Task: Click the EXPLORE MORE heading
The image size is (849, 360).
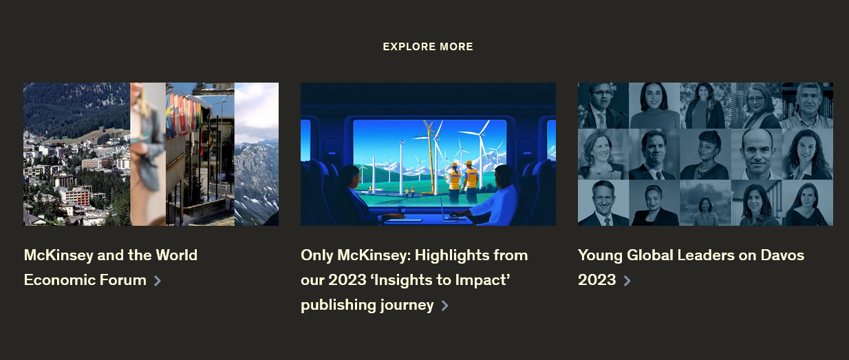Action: coord(428,47)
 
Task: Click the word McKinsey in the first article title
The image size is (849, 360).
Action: coord(58,255)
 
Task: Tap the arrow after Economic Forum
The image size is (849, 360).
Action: coord(158,281)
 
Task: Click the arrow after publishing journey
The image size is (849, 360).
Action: coord(445,306)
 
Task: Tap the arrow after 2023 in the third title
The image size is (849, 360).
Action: coord(627,281)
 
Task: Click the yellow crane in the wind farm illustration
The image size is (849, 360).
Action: coord(430,156)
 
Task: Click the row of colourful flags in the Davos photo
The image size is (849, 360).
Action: coord(184,114)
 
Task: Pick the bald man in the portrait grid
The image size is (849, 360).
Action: coord(757,154)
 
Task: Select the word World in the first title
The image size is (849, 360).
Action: coord(177,255)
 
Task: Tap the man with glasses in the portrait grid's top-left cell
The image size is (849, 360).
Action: coord(603,105)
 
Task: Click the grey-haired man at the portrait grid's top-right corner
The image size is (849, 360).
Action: coord(808,105)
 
